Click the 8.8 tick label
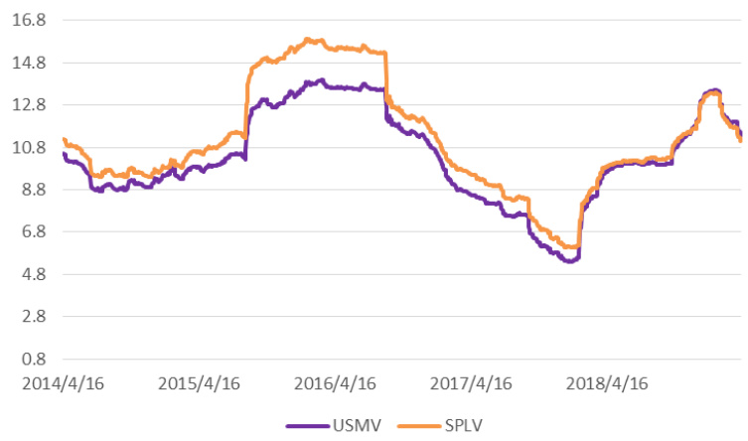24,190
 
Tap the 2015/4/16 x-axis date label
200,382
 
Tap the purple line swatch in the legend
308,426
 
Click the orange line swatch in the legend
418,426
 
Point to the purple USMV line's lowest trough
569,261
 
